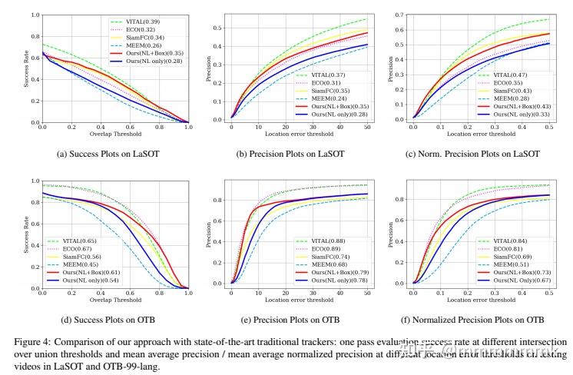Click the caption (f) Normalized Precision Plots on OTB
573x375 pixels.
click(x=484, y=319)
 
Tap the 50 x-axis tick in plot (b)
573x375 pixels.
click(x=366, y=125)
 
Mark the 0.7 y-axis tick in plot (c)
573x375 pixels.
click(x=402, y=15)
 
